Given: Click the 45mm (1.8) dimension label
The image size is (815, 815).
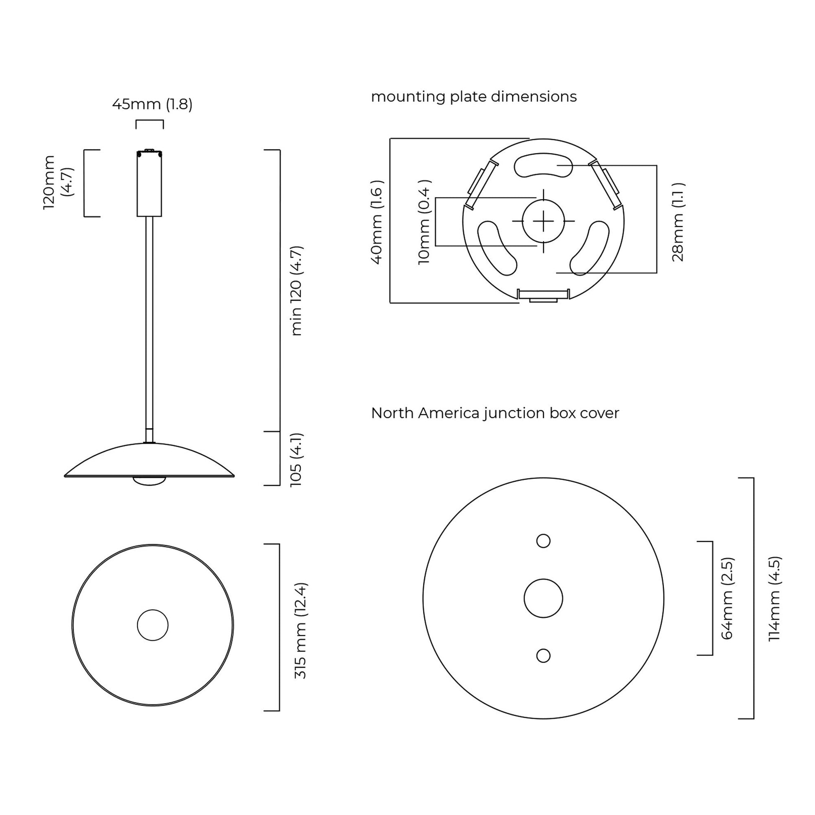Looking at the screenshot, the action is coord(152,104).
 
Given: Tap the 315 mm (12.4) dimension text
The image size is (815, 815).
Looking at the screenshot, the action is coord(301,631).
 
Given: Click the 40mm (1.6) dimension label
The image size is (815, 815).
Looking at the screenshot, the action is coord(376,222).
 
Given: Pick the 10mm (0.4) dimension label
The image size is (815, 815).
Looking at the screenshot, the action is coord(424,222).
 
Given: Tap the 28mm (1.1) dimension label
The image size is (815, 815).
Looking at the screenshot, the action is coord(678,222).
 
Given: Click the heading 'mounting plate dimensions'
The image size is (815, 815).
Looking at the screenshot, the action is coord(474,97).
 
